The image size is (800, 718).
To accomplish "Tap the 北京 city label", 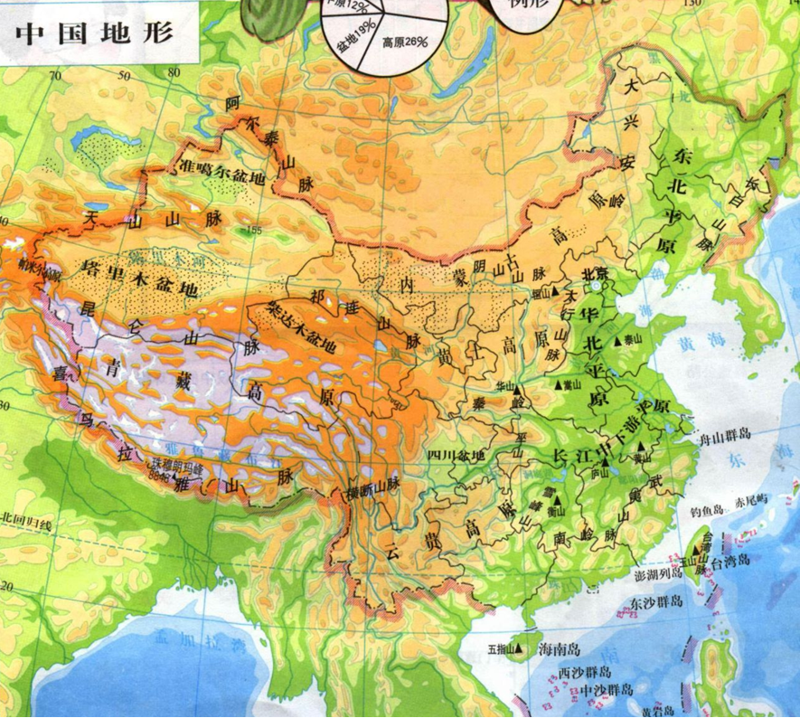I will tap(595, 274).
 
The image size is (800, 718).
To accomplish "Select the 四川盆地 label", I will tap(456, 455).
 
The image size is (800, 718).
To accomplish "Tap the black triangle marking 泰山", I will tap(619, 341).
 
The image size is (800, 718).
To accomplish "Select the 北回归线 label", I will tap(27, 522).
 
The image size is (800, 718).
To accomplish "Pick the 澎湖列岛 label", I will tap(654, 576).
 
